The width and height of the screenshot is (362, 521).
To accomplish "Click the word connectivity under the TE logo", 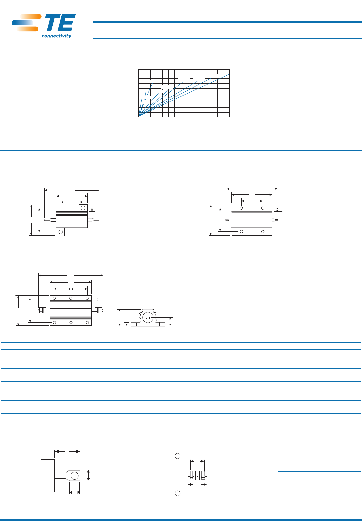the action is (56, 36).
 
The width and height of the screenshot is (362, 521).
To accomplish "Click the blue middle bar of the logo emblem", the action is (22, 23).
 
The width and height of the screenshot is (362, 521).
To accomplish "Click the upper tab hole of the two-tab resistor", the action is (83, 208).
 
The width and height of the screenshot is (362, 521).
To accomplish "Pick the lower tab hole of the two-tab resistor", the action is (61, 232).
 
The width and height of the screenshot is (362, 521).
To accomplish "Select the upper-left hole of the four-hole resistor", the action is (241, 208).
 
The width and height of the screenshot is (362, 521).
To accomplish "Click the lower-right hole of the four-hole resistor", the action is (263, 232).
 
